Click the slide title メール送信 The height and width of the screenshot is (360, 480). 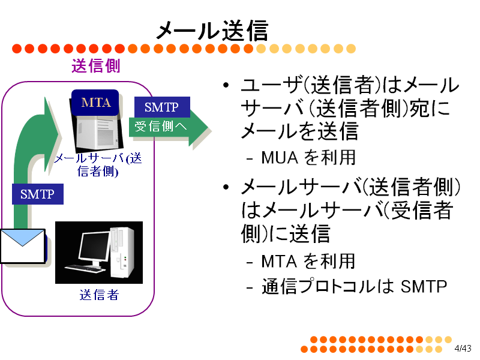coord(212,31)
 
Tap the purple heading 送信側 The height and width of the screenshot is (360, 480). coord(96,66)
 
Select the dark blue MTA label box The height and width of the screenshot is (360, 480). coord(95,103)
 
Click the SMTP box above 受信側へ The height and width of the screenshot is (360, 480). coord(162,107)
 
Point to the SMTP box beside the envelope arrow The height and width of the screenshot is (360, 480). coord(38,194)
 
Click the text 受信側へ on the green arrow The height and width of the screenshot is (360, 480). coord(161,126)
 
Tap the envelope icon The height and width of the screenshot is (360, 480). coord(23,246)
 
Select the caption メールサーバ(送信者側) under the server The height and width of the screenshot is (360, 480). coord(98,164)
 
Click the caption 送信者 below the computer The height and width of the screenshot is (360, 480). coord(99,295)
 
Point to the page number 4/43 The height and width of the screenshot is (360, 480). coord(463,349)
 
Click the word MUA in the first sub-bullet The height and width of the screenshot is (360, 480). coord(280,158)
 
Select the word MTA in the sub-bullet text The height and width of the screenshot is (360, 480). coord(279,262)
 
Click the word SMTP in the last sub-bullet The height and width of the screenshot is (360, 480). coord(424,287)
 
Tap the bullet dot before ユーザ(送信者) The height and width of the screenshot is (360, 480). coord(226,85)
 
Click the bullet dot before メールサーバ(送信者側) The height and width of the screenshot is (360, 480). coord(226,187)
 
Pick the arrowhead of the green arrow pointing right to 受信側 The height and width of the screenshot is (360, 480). coord(199,127)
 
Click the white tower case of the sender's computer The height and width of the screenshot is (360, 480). coord(122,252)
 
